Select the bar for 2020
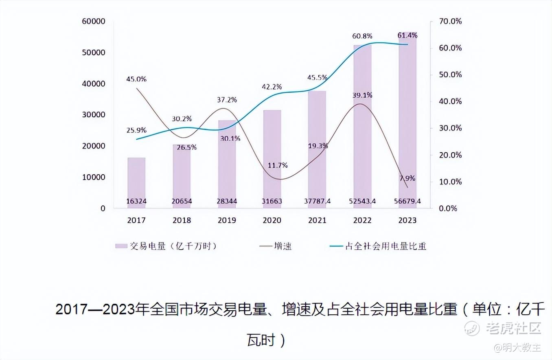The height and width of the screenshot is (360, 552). coord(272,159)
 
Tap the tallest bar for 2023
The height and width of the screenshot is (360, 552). coord(407,122)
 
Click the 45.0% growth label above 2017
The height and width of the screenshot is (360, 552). coord(136,79)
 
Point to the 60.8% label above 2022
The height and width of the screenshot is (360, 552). coord(362,36)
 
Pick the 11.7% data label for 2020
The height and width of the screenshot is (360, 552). coord(278,165)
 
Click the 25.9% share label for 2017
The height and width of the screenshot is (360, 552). coord(136,130)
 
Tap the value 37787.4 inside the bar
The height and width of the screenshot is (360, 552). coord(317,201)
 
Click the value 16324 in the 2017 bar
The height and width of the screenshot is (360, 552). coord(136,201)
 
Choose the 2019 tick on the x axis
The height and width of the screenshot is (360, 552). coord(227,220)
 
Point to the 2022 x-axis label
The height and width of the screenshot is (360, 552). coord(362,220)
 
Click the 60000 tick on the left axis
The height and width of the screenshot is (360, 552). coord(94,21)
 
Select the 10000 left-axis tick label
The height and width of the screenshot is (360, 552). coord(94,177)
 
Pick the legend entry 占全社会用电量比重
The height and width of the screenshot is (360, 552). coord(385,246)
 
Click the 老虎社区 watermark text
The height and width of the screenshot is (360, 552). coord(513,328)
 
